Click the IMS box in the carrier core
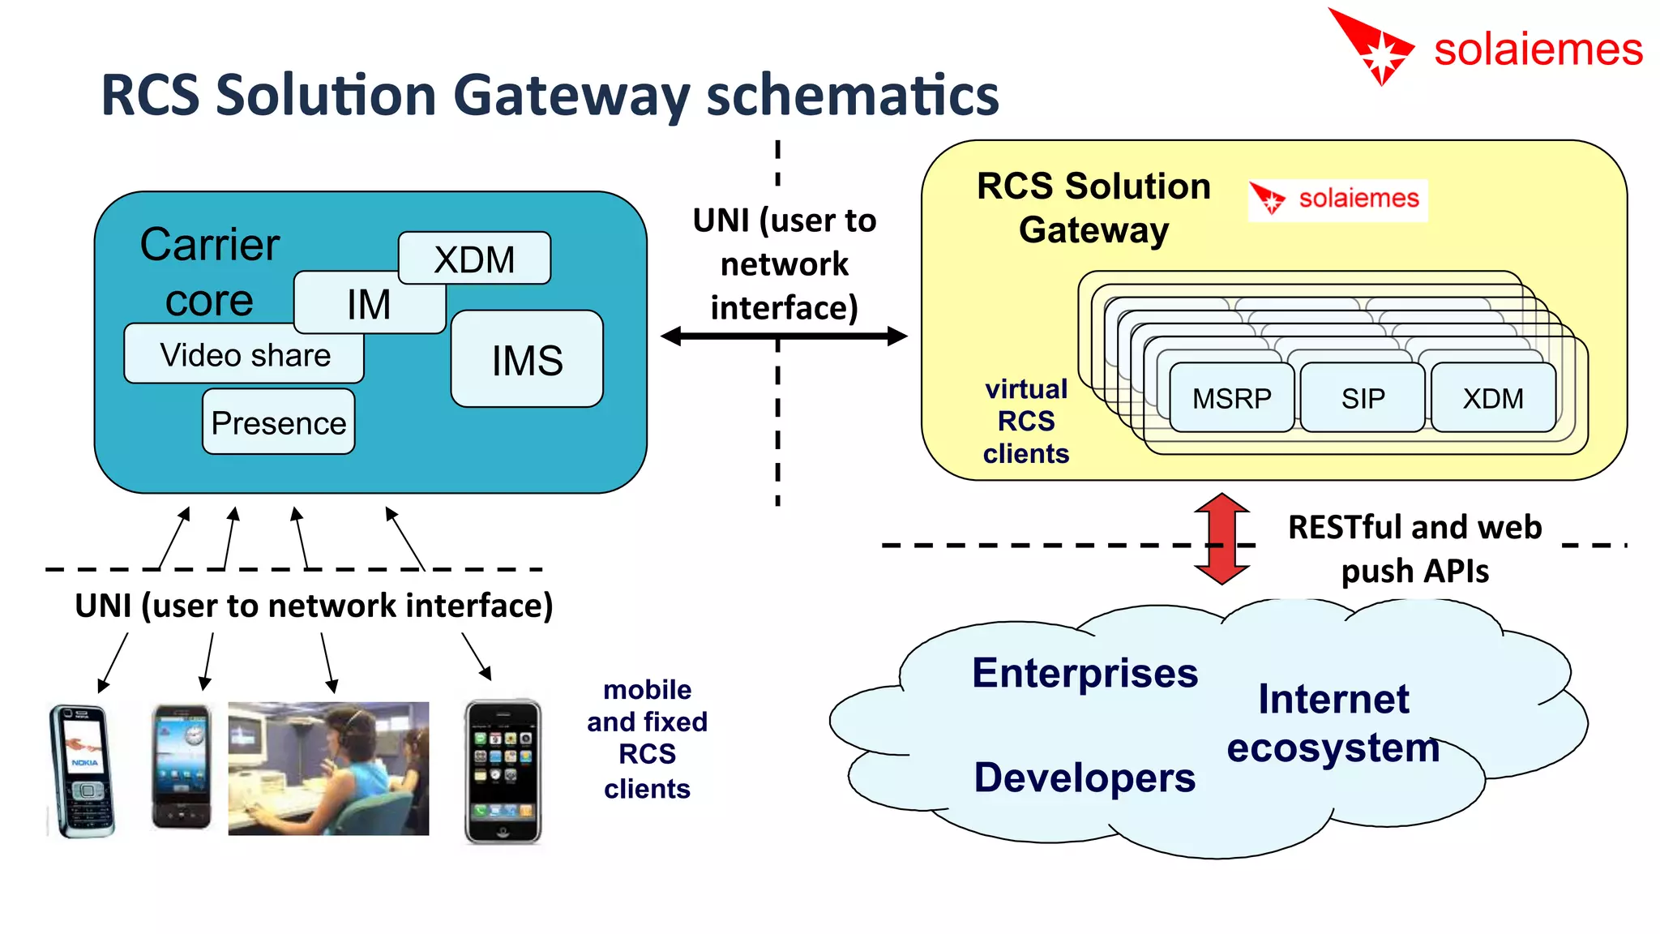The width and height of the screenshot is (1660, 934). (x=527, y=359)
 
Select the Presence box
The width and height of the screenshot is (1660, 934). (x=278, y=422)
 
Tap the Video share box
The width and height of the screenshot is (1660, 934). (x=244, y=354)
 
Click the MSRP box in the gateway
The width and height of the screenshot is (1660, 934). (x=1231, y=398)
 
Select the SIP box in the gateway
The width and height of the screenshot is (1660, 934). (x=1363, y=398)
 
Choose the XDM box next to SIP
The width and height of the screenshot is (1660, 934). (x=1493, y=398)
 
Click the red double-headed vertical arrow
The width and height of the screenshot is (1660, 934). (x=1221, y=539)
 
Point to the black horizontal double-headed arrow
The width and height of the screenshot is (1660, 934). (x=783, y=336)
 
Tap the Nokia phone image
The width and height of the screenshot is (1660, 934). (x=82, y=770)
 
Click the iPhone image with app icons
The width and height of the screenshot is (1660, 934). (x=503, y=771)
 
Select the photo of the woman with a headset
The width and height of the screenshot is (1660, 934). (x=328, y=768)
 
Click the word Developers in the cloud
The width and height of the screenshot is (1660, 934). (x=1084, y=777)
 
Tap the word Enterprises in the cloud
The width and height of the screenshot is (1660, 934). (x=1085, y=673)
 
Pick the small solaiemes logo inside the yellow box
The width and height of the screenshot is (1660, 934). (x=1337, y=199)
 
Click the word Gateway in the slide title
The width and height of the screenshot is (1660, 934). (x=571, y=96)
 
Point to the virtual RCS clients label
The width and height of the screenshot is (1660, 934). (x=1026, y=421)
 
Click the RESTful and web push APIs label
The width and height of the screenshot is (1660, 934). (x=1414, y=549)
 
